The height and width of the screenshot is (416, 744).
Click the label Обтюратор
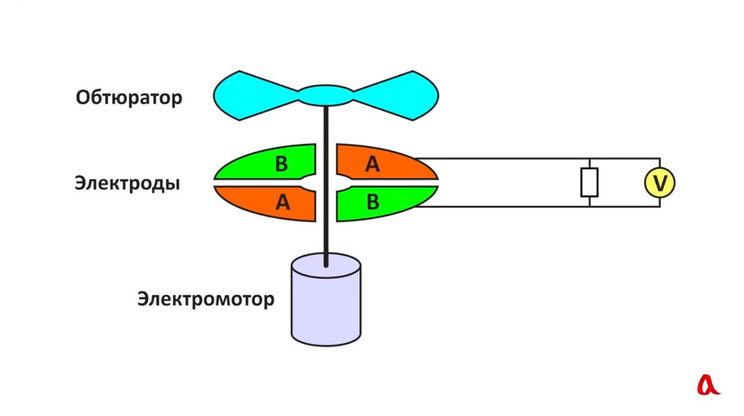(129, 98)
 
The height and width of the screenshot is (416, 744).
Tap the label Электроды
(127, 183)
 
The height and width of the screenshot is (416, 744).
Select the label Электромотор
(206, 299)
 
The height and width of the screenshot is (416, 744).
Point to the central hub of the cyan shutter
(326, 96)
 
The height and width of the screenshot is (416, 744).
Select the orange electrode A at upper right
(382, 163)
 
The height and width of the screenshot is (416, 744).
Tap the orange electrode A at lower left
(269, 202)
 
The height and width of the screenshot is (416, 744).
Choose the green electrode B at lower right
(382, 202)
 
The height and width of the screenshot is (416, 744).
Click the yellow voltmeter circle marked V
(660, 183)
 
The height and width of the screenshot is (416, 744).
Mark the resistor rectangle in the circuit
(589, 183)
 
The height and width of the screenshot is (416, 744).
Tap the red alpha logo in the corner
(708, 385)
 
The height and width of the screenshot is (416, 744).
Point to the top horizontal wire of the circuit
(537, 158)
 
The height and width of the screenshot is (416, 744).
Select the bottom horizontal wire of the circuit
(537, 206)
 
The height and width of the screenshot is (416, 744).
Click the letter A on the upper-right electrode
(373, 164)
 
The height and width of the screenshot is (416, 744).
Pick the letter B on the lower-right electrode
(373, 202)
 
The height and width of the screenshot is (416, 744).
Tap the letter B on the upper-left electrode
(282, 164)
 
